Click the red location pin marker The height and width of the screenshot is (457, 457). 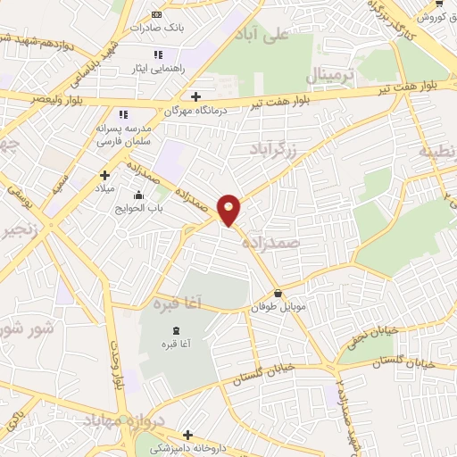click(x=229, y=209)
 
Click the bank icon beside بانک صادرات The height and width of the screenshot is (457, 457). click(x=157, y=14)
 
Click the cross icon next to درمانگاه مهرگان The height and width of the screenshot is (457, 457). click(x=195, y=96)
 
